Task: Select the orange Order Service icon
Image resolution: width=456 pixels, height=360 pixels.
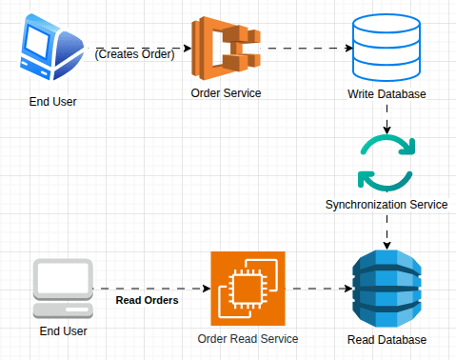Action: pos(225,48)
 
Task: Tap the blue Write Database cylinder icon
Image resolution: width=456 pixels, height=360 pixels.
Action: pos(386,48)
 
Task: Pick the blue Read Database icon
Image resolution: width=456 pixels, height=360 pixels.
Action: pos(386,288)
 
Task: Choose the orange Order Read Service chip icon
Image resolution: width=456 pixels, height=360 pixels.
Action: pos(248,288)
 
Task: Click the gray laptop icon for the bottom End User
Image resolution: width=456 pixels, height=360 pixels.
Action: pos(64,289)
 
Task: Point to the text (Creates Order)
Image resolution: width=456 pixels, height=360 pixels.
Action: pos(134,54)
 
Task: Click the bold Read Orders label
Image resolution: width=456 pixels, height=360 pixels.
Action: pos(148,300)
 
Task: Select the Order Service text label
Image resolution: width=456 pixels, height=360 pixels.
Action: pos(226,93)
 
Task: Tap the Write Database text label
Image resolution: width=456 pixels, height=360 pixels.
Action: pos(387,94)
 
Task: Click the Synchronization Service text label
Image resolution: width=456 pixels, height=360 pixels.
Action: pos(386,205)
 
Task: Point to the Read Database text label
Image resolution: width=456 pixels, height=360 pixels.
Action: pos(387,339)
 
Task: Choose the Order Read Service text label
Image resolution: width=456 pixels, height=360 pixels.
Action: pos(248,338)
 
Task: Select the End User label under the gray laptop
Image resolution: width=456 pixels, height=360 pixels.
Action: pos(63,331)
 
